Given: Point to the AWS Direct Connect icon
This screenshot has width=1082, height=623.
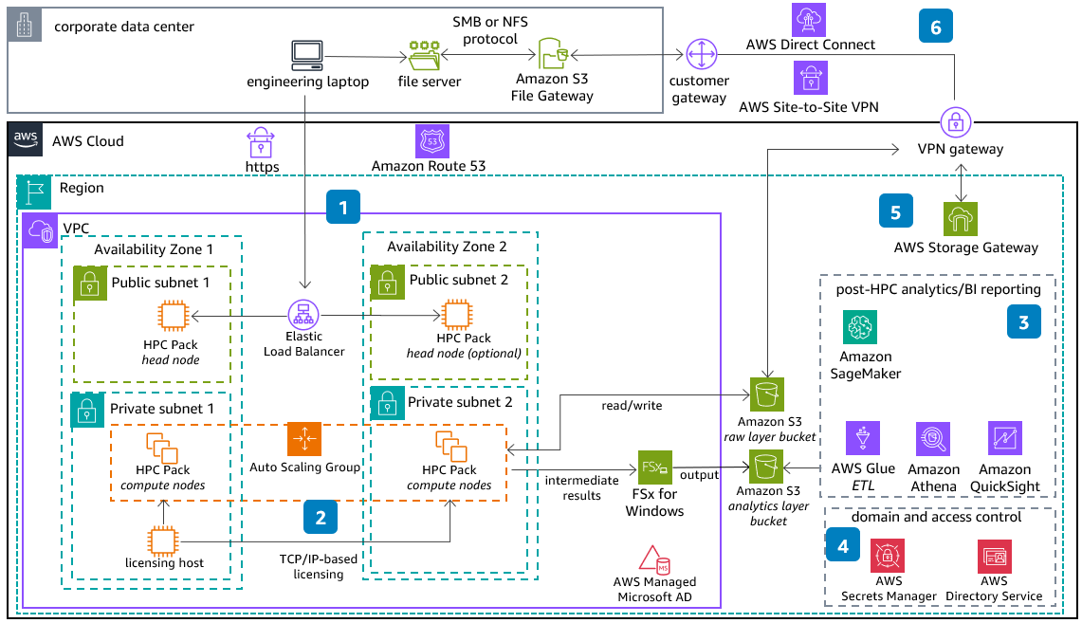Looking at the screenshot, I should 811,18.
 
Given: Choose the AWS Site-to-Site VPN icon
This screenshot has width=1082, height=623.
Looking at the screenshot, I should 811,78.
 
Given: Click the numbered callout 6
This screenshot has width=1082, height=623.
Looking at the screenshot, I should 936,27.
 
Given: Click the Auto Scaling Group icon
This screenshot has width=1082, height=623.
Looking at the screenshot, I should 304,438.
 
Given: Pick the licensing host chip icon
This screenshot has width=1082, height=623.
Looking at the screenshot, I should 164,541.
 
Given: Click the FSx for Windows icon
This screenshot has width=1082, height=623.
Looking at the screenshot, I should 655,467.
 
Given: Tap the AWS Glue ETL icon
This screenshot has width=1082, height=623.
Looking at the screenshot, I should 863,439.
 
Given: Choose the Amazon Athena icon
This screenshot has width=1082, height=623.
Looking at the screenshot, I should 933,439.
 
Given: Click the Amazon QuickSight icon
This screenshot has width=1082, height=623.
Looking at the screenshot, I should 1004,439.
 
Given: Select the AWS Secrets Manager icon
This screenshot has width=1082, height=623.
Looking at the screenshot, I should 889,556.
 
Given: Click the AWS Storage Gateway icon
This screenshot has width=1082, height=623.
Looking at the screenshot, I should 961,219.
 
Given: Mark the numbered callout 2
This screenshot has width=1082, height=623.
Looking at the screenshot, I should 321,517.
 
